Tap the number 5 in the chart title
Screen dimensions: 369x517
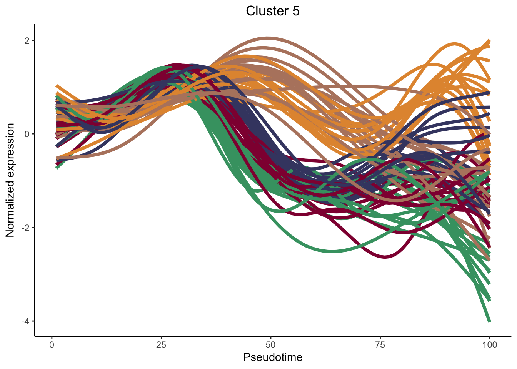click(x=296, y=11)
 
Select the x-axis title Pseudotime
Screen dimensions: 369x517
click(x=272, y=357)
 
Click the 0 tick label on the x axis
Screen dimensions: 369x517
click(x=52, y=345)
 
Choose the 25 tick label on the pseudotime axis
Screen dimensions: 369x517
click(x=161, y=345)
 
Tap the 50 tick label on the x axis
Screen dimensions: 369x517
click(x=271, y=345)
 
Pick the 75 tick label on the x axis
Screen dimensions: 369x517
click(x=380, y=345)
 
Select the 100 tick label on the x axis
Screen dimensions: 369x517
click(x=489, y=345)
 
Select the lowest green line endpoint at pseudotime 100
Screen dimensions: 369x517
click(x=489, y=321)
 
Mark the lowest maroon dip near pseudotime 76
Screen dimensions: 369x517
click(x=385, y=257)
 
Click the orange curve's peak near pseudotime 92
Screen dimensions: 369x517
click(x=455, y=43)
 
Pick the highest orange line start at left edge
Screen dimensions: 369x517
click(x=57, y=86)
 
